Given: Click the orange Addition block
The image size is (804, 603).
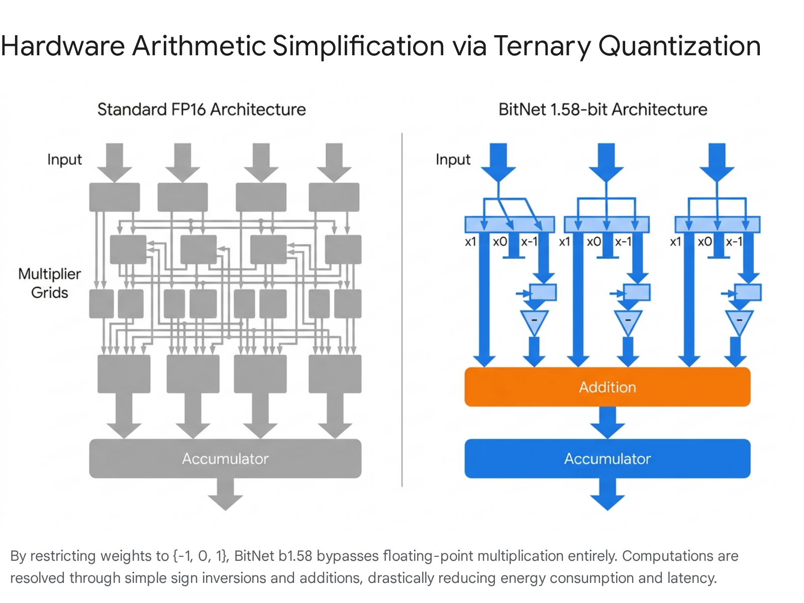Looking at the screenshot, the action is (607, 386).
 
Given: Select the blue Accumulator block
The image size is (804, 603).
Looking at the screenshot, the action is (607, 458).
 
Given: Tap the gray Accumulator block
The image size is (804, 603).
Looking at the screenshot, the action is (225, 458).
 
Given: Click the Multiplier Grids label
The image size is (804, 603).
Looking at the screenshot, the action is (49, 283).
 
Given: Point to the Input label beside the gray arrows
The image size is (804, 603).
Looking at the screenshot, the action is (64, 160).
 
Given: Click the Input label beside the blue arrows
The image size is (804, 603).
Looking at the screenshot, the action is (453, 160).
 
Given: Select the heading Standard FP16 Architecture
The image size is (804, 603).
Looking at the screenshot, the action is (202, 110).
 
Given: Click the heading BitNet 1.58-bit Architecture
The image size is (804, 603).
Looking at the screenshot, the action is (602, 110).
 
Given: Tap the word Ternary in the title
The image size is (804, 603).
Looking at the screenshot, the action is (542, 47).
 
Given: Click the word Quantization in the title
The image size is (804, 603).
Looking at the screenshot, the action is (679, 46).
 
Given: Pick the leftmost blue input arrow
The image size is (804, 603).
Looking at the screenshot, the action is (498, 162).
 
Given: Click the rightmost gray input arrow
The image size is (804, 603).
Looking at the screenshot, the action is (334, 162).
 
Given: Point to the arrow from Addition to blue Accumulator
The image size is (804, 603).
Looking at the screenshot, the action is (607, 423).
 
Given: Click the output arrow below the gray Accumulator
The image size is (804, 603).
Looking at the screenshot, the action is (225, 494).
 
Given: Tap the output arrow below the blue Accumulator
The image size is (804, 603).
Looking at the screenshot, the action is (607, 494).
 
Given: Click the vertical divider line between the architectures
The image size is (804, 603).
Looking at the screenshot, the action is (402, 310).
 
